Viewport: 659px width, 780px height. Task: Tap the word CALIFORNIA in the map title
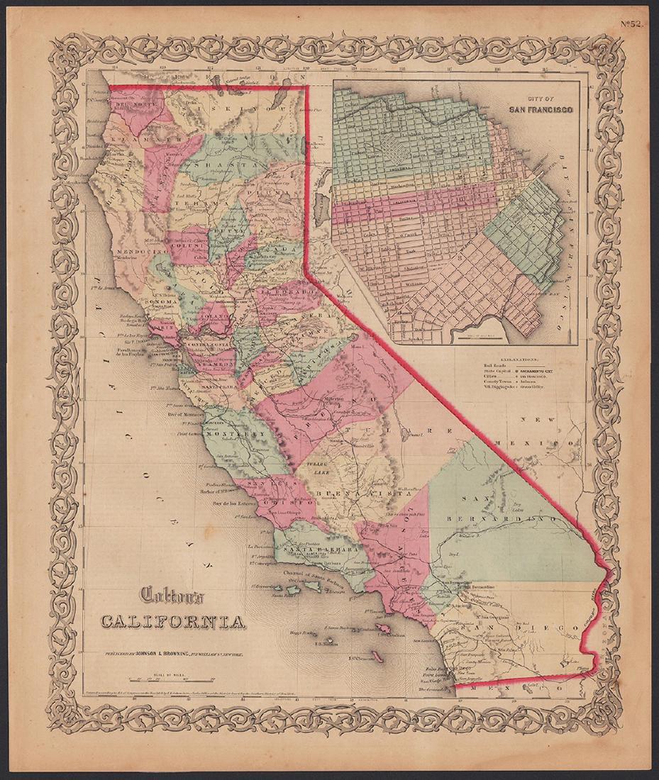pyautogui.click(x=173, y=622)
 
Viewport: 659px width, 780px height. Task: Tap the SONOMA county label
pyautogui.click(x=162, y=301)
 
